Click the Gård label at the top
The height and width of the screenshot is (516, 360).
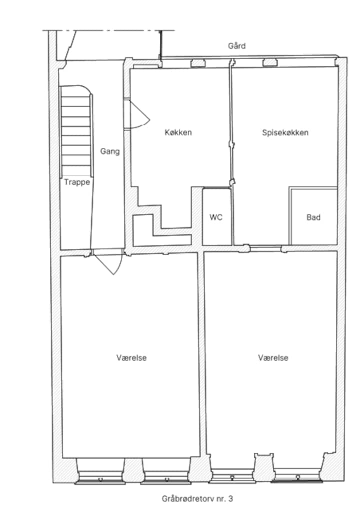(236, 45)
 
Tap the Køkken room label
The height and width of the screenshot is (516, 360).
(178, 132)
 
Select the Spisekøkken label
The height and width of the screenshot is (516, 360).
(285, 132)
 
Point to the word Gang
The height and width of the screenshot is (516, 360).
(109, 151)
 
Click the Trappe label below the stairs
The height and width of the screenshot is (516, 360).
(77, 182)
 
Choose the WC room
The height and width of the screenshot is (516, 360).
(216, 217)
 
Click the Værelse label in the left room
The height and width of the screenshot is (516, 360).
(131, 357)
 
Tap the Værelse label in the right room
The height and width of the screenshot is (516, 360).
(273, 357)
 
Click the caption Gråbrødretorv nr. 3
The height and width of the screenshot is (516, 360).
(197, 498)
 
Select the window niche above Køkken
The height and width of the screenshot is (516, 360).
(198, 63)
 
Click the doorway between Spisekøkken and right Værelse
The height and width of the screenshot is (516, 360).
(265, 247)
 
